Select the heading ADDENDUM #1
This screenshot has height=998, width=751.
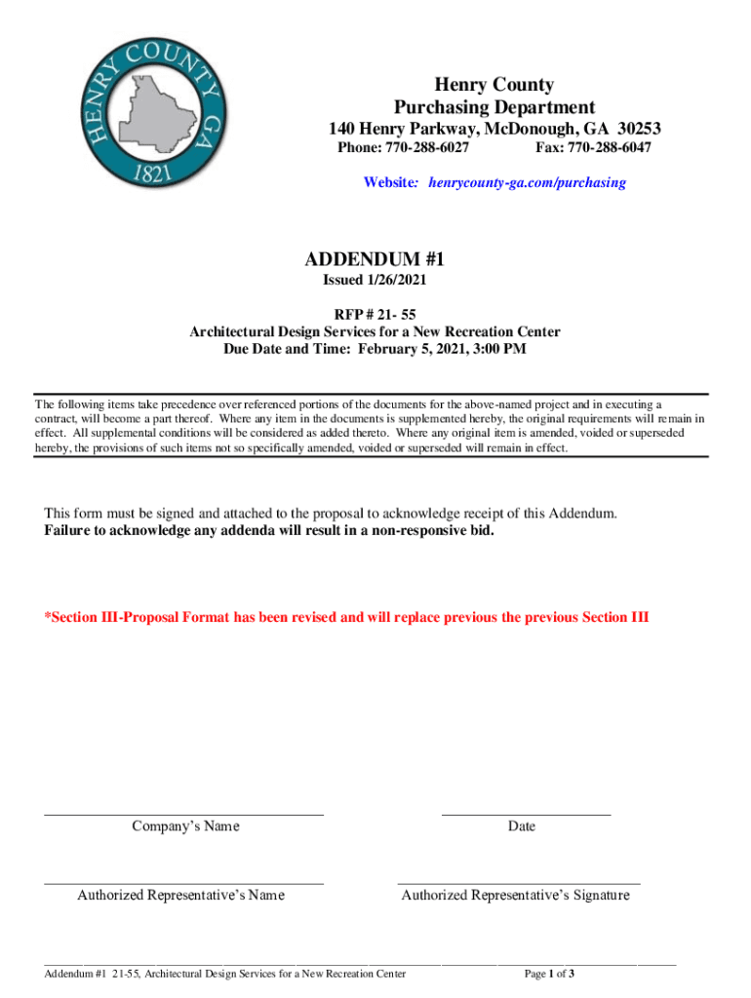point(375,259)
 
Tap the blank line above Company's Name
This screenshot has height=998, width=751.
point(183,813)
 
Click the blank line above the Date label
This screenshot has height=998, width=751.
point(526,813)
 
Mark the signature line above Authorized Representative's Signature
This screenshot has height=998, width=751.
point(519,881)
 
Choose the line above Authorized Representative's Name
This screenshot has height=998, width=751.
point(183,882)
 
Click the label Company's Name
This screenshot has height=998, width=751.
point(185,826)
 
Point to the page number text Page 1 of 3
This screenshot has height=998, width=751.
point(549,974)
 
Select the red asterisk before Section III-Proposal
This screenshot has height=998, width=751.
point(47,617)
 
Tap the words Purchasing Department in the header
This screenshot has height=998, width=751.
point(494,107)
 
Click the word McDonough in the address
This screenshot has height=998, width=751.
point(525,129)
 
